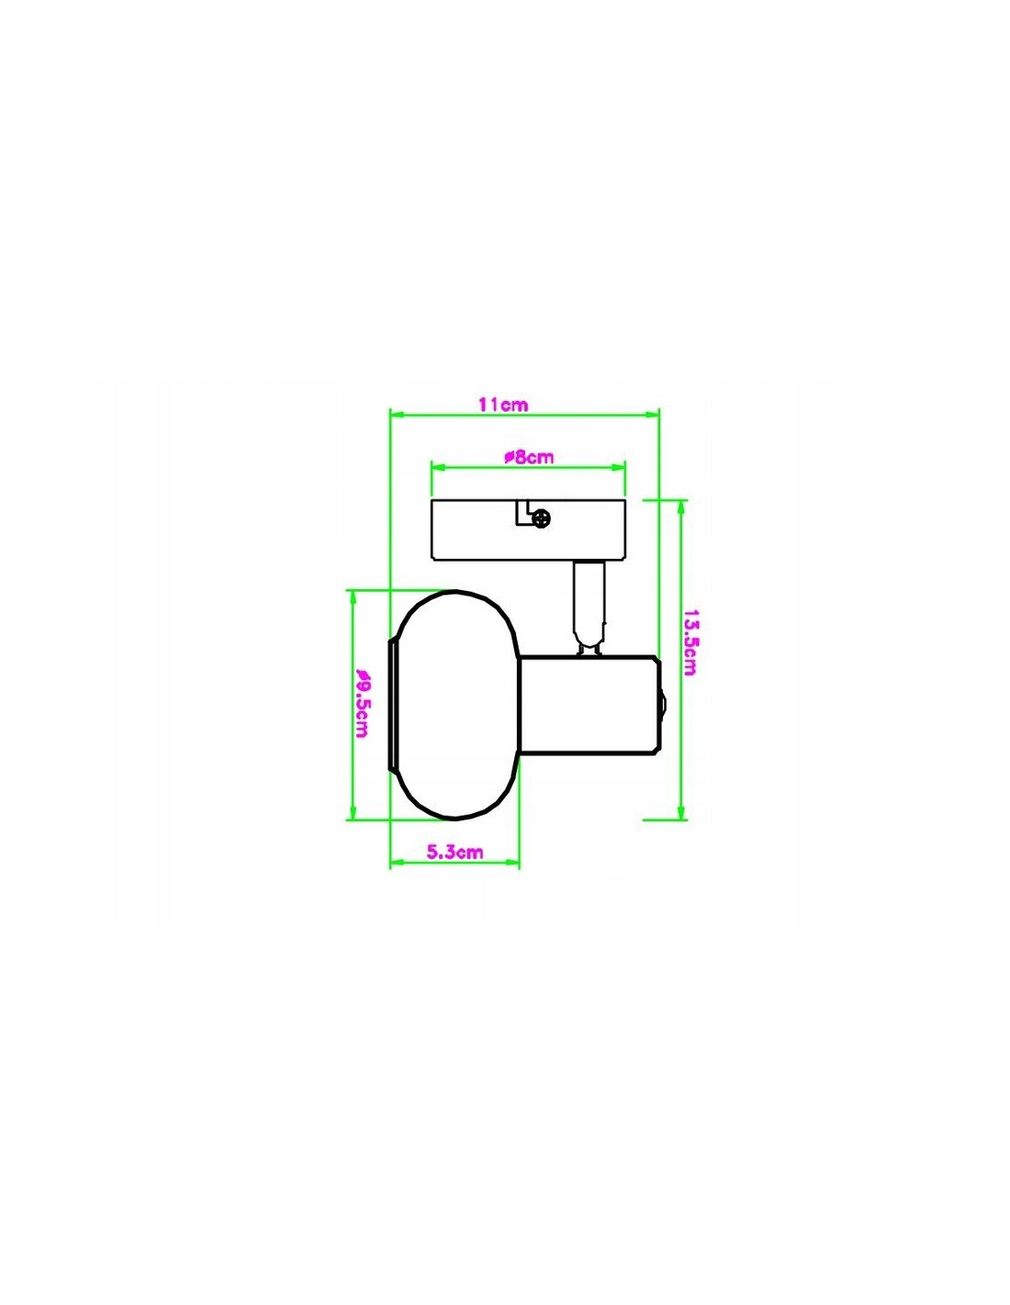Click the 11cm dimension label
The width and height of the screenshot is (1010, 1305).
[x=503, y=405]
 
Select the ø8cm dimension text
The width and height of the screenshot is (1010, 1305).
[x=528, y=457]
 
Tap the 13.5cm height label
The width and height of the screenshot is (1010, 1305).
[x=690, y=642]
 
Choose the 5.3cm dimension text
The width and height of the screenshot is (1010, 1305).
[x=454, y=852]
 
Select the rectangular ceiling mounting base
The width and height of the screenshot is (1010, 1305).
[x=529, y=529]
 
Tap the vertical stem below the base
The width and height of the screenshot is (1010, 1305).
[x=590, y=607]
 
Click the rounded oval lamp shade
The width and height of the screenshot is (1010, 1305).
[x=454, y=704]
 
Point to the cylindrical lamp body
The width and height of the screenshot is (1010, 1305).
[x=590, y=704]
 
